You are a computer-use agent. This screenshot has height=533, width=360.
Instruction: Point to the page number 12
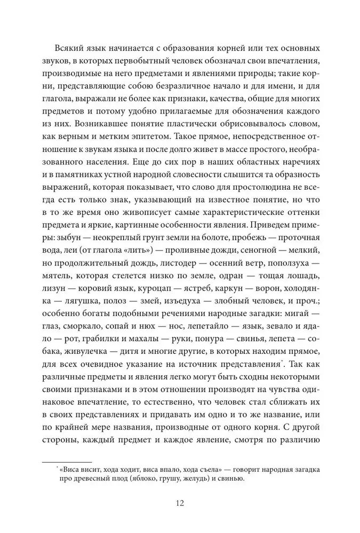pos(180,503)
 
